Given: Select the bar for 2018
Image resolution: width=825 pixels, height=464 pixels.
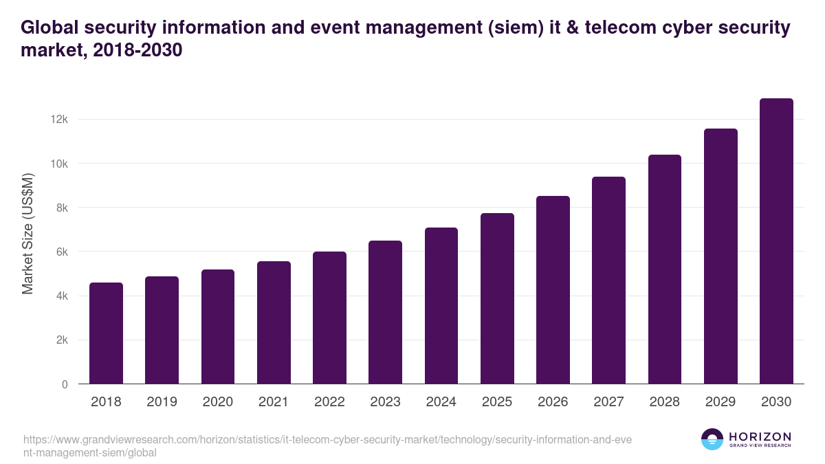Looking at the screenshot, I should (x=106, y=333).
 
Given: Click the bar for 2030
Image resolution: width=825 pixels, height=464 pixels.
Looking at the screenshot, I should (x=776, y=241).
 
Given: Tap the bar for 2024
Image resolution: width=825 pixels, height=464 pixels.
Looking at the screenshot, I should (x=441, y=306).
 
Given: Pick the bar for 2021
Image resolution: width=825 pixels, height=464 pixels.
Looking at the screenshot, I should (x=274, y=322).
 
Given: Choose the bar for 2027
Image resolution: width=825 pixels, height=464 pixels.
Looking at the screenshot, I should (x=608, y=280).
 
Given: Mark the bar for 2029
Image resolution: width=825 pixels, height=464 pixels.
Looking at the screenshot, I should (x=720, y=256).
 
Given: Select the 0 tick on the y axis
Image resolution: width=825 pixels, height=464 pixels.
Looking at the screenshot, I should (x=65, y=384).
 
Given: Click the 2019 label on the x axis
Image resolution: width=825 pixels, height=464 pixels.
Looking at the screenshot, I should (x=162, y=402).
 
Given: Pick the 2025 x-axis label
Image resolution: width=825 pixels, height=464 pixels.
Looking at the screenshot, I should (x=497, y=402).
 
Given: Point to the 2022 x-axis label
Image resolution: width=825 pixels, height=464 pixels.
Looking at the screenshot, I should (x=329, y=402).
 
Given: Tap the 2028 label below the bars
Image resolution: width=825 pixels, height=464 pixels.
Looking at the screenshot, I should (x=665, y=402).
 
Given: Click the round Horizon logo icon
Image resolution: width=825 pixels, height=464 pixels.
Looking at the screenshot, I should (x=712, y=439).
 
